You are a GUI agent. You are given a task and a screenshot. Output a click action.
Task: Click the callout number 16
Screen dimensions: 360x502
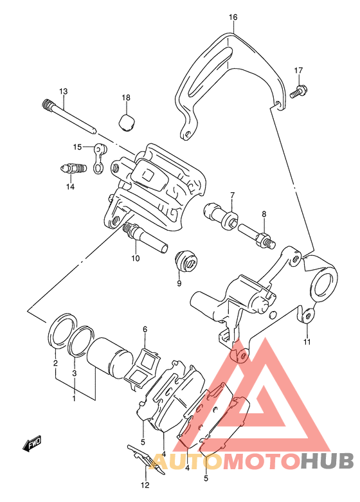[233, 17]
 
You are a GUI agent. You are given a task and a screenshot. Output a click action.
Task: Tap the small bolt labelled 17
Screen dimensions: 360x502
[299, 91]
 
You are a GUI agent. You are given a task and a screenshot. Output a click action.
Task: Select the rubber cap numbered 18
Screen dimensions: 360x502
[126, 122]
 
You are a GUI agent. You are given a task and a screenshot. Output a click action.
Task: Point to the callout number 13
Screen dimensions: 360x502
[64, 91]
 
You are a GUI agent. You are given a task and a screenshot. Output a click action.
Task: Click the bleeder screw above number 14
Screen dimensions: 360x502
[73, 168]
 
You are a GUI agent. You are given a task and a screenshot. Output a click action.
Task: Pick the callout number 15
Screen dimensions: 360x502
[78, 147]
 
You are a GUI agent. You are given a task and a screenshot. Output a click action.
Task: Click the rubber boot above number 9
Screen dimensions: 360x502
[186, 259]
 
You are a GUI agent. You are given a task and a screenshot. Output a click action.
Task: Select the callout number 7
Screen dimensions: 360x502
[233, 195]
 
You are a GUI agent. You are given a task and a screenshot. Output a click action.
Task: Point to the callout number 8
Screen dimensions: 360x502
[264, 214]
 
